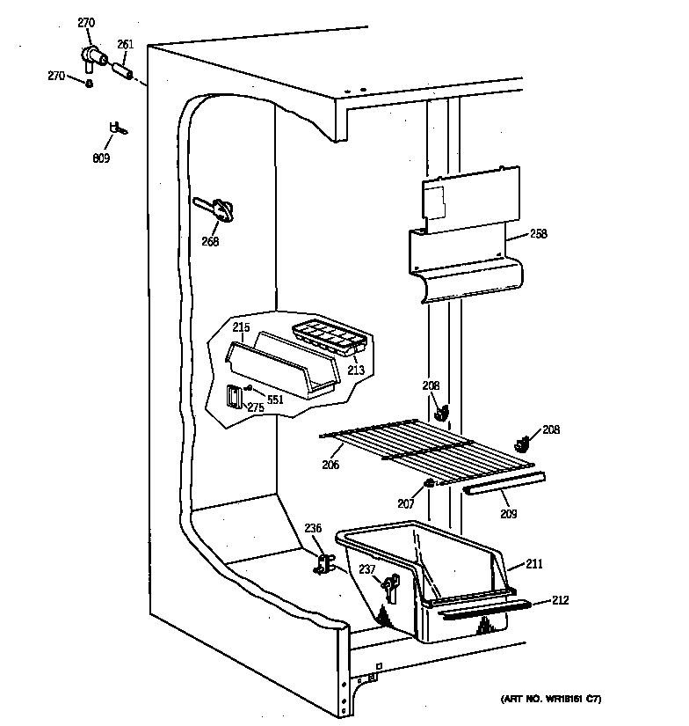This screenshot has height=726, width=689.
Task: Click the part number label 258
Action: pos(539,235)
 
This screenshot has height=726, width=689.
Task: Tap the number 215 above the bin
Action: pos(241,327)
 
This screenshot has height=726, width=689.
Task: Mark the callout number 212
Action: pos(560,600)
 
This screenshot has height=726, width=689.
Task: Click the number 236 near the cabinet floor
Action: pos(314,528)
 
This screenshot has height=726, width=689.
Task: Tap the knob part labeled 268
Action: pos(222,209)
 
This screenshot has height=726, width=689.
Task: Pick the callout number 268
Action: pos(209,242)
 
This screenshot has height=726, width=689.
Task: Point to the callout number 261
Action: pos(125,44)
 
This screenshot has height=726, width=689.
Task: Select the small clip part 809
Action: pos(116,129)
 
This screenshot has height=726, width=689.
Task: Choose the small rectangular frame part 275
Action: pos(234,397)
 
